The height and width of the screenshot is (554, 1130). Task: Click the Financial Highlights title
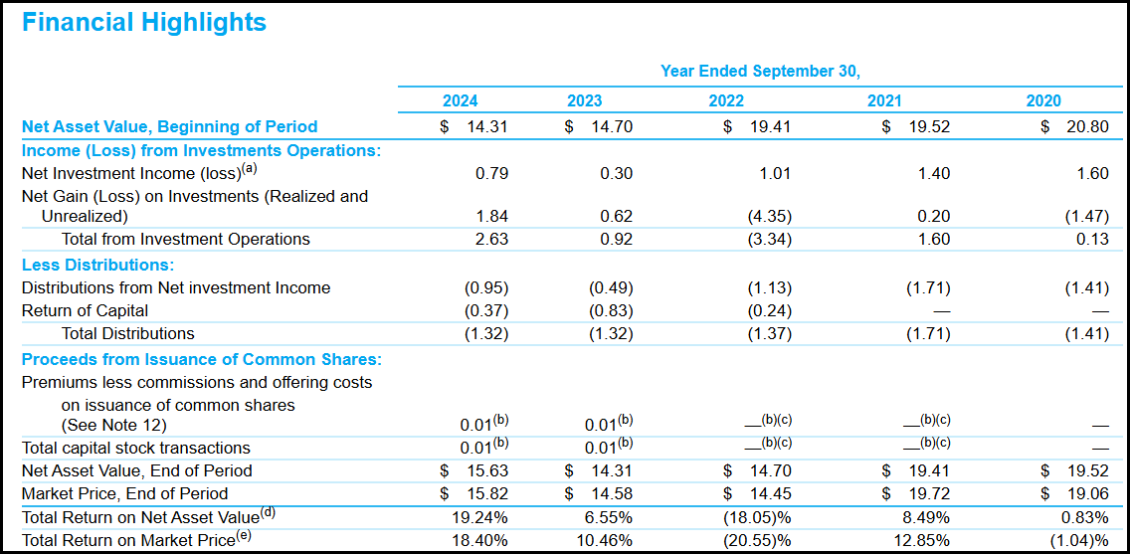tap(144, 23)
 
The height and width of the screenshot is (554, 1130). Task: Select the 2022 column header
tap(726, 100)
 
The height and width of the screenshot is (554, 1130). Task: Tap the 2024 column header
tap(460, 100)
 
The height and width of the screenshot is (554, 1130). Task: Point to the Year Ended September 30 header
tap(760, 72)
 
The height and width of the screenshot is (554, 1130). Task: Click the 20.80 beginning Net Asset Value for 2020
tap(1087, 126)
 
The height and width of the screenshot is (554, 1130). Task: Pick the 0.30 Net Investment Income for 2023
tap(616, 173)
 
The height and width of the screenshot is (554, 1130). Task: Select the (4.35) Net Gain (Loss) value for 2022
tap(769, 216)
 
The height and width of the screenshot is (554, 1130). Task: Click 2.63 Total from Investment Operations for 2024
tap(490, 239)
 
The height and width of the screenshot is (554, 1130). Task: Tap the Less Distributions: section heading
tap(97, 265)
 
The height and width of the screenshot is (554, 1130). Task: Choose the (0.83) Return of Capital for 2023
tap(611, 310)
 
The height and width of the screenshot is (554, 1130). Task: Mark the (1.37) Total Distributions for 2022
tap(769, 333)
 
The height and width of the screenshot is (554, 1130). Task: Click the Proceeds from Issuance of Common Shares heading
tap(202, 359)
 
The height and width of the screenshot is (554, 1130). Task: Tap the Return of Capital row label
tap(85, 310)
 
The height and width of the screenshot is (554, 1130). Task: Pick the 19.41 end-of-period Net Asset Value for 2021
tap(929, 470)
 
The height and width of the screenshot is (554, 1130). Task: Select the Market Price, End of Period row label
tap(124, 493)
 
